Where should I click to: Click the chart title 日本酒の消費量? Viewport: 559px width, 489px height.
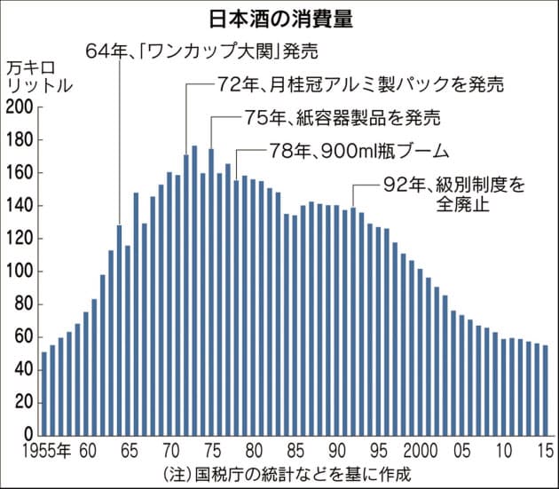tap(279, 19)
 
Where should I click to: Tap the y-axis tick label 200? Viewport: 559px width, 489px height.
tap(19, 107)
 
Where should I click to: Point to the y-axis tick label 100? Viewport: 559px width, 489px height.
tap(19, 271)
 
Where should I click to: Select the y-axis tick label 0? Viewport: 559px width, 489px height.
tap(28, 435)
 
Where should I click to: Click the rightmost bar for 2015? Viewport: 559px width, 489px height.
tap(546, 390)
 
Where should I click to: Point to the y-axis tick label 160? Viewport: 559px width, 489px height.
tap(19, 173)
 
